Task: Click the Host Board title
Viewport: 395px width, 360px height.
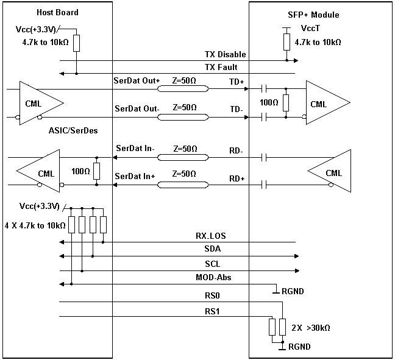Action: click(x=57, y=13)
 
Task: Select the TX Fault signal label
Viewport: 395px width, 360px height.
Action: click(x=221, y=68)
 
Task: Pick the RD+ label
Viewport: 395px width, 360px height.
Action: click(x=237, y=178)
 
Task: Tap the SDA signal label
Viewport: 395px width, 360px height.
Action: click(x=213, y=250)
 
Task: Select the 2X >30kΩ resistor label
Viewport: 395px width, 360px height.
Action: click(x=311, y=328)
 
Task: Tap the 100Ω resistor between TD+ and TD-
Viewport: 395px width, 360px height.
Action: click(x=285, y=103)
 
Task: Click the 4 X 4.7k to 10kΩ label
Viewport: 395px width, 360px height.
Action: click(x=35, y=225)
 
